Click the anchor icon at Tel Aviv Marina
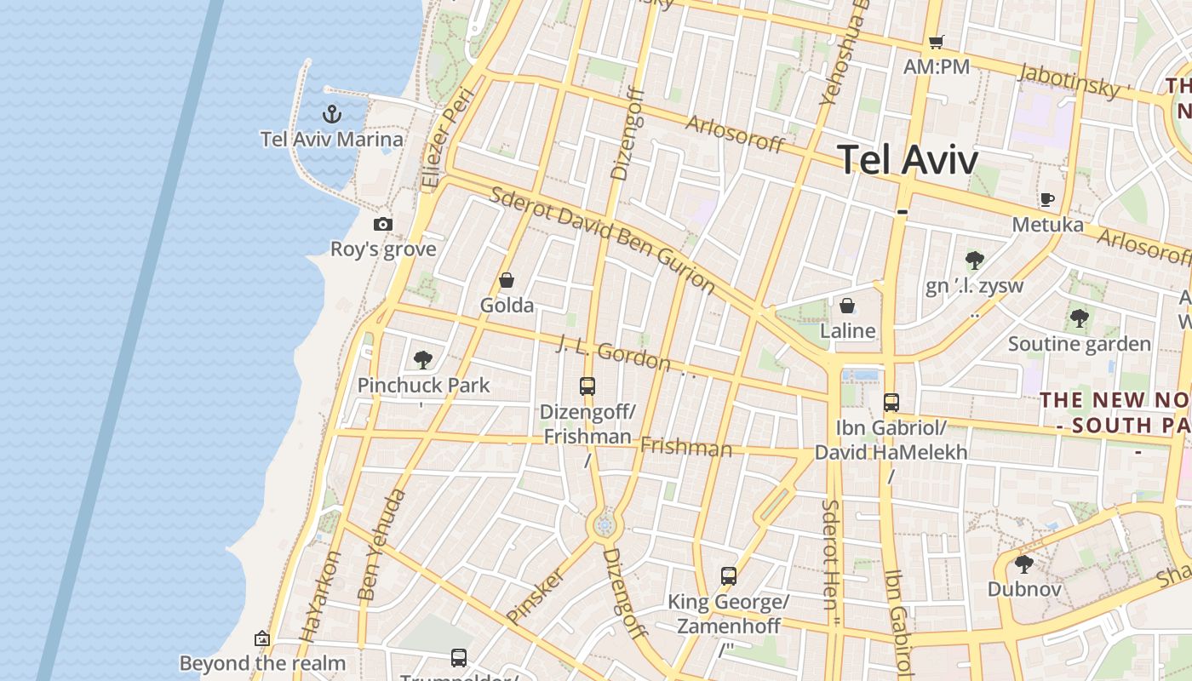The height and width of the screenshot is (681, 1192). pyautogui.click(x=332, y=113)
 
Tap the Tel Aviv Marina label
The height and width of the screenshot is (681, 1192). pyautogui.click(x=332, y=139)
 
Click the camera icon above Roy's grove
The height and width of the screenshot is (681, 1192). pyautogui.click(x=383, y=224)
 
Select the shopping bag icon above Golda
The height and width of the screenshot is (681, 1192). pyautogui.click(x=507, y=280)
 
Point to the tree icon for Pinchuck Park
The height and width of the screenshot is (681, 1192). pyautogui.click(x=423, y=360)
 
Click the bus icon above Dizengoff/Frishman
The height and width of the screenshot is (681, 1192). pyautogui.click(x=587, y=386)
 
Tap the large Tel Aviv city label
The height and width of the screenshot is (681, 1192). pyautogui.click(x=908, y=159)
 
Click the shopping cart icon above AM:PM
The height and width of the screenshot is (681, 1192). pyautogui.click(x=937, y=42)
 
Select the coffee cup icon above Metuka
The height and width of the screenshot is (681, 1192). pyautogui.click(x=1047, y=200)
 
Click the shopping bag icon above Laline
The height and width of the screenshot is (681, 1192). pyautogui.click(x=847, y=306)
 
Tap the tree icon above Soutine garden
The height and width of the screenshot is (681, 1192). pyautogui.click(x=1080, y=319)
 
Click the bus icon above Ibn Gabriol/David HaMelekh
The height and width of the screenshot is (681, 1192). pyautogui.click(x=891, y=403)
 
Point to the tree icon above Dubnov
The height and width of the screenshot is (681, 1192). pyautogui.click(x=1024, y=564)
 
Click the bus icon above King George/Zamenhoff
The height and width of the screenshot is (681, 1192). pyautogui.click(x=729, y=576)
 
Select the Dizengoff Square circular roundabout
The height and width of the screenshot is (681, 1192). pyautogui.click(x=605, y=526)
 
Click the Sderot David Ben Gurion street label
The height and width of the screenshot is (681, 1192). pyautogui.click(x=602, y=239)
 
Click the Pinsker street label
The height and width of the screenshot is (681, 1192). pyautogui.click(x=535, y=593)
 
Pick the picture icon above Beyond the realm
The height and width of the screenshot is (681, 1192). pyautogui.click(x=262, y=638)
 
